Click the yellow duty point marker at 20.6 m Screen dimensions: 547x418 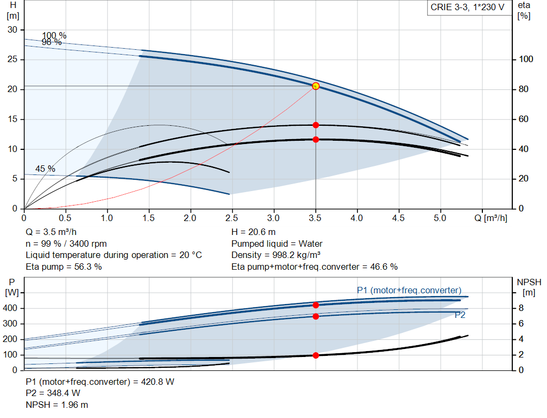click(316, 86)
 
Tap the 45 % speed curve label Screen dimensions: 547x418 click(45, 169)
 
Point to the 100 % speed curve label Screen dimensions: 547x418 click(54, 35)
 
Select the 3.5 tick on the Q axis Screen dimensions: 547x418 click(315, 218)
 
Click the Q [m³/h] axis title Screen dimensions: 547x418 click(491, 218)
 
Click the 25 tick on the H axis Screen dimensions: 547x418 click(12, 59)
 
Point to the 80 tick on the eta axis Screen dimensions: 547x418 click(523, 89)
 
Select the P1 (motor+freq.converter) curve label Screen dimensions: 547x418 click(409, 290)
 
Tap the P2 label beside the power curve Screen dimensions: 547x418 click(460, 315)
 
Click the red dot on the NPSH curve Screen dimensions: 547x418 click(316, 355)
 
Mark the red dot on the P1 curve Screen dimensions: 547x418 click(316, 305)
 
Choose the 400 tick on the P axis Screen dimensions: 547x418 click(10, 308)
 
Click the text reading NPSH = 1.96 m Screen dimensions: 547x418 click(57, 405)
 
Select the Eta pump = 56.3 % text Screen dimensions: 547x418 click(64, 267)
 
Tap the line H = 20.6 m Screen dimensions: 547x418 click(254, 232)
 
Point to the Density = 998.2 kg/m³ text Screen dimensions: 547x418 click(276, 255)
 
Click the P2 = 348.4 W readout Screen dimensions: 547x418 click(53, 393)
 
